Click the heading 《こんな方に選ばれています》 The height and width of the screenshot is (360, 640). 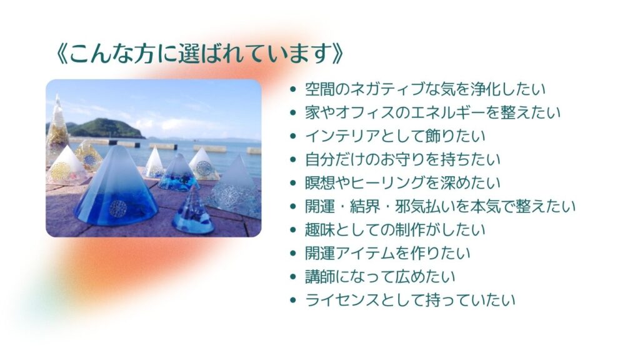pos(199,53)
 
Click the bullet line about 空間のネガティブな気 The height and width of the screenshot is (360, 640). pos(425,89)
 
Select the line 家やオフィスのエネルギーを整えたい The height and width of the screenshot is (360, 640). pos(432,112)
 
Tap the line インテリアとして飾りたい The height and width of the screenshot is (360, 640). pos(395,136)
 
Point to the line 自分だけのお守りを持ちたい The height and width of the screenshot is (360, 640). pos(402,159)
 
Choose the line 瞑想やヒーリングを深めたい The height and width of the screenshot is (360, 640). pos(402,183)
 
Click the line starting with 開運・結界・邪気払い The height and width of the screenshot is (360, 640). pos(440,206)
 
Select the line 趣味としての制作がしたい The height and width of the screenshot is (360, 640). pos(395,230)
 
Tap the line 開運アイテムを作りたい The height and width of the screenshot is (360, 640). pos(387,254)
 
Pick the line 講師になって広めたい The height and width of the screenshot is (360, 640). pos(380,277)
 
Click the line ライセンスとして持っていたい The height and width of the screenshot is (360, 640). pos(410,301)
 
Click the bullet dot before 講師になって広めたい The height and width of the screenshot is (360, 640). pos(292,277)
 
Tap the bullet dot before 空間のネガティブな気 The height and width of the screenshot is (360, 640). pos(292,89)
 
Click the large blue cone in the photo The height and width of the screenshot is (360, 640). pos(116,187)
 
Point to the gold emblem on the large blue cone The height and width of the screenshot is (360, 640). pos(118,208)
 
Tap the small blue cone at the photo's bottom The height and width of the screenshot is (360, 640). pos(193,212)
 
